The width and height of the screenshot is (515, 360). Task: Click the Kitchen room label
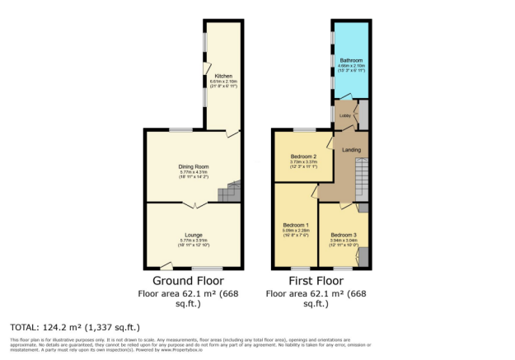[x=212, y=76]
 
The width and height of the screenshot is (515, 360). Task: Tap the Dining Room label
[x=194, y=166]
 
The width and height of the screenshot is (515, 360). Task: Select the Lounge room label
[x=194, y=235]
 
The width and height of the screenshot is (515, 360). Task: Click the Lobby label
[x=345, y=116]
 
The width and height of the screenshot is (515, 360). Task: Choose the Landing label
[x=352, y=148]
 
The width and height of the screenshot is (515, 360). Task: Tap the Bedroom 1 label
[x=296, y=226]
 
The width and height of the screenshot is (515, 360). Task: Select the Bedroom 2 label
[x=303, y=157]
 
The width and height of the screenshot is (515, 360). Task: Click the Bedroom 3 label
[x=343, y=235]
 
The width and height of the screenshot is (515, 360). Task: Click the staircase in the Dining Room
[x=230, y=192]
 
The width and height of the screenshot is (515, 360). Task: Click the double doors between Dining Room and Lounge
[x=194, y=204]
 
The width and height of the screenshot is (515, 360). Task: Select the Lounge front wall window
[x=208, y=269]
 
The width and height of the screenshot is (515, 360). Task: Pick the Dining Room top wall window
[x=181, y=130]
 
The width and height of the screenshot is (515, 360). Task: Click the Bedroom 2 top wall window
[x=304, y=130]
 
